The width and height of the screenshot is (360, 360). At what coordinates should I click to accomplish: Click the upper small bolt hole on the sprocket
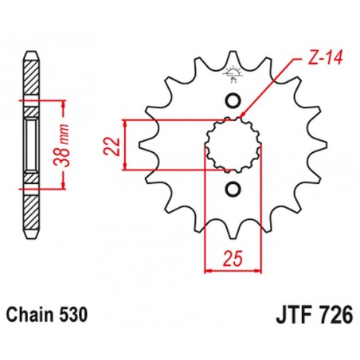tap(233, 100)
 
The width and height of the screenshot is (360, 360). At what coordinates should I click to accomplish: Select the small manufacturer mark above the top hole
tap(233, 76)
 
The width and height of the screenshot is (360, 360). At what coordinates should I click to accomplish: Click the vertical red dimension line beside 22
tap(126, 145)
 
